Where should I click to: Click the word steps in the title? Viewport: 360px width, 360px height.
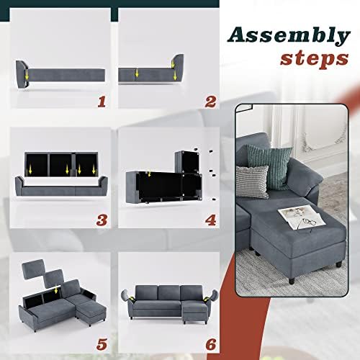[315, 59]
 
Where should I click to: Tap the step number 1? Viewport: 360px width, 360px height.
[102, 102]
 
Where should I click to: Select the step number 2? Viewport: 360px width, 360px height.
[210, 102]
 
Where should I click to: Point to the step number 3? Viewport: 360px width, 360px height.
[102, 220]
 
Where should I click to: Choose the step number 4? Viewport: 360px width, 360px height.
[210, 220]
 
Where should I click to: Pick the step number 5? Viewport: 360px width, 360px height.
[102, 345]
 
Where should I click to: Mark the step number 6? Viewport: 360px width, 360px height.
[211, 345]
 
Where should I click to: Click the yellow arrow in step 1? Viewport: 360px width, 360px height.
[27, 75]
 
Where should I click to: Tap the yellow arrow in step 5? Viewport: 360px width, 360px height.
[56, 289]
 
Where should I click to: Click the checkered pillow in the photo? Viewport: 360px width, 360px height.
[252, 181]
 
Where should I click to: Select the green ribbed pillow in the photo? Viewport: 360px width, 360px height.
[269, 166]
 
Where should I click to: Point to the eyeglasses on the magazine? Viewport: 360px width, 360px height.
[305, 222]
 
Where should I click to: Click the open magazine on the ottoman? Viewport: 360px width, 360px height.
[302, 218]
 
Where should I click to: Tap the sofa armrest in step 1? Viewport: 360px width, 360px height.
[22, 74]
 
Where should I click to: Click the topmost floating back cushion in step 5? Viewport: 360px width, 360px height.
[33, 269]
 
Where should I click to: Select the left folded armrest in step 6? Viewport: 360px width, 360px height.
[127, 298]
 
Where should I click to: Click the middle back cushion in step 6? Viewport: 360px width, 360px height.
[169, 292]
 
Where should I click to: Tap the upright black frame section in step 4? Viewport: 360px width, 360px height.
[187, 162]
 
